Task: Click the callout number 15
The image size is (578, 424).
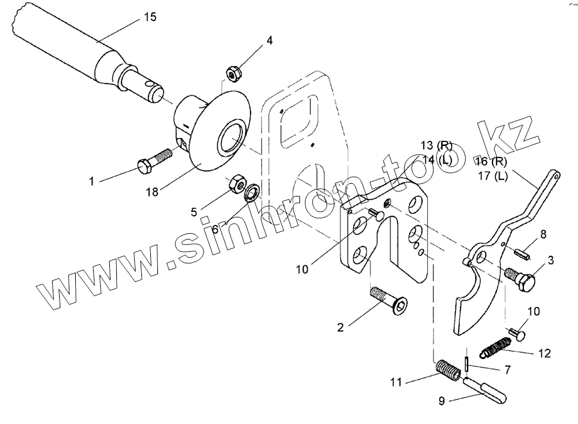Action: [150, 17]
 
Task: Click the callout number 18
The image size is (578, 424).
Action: [152, 191]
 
